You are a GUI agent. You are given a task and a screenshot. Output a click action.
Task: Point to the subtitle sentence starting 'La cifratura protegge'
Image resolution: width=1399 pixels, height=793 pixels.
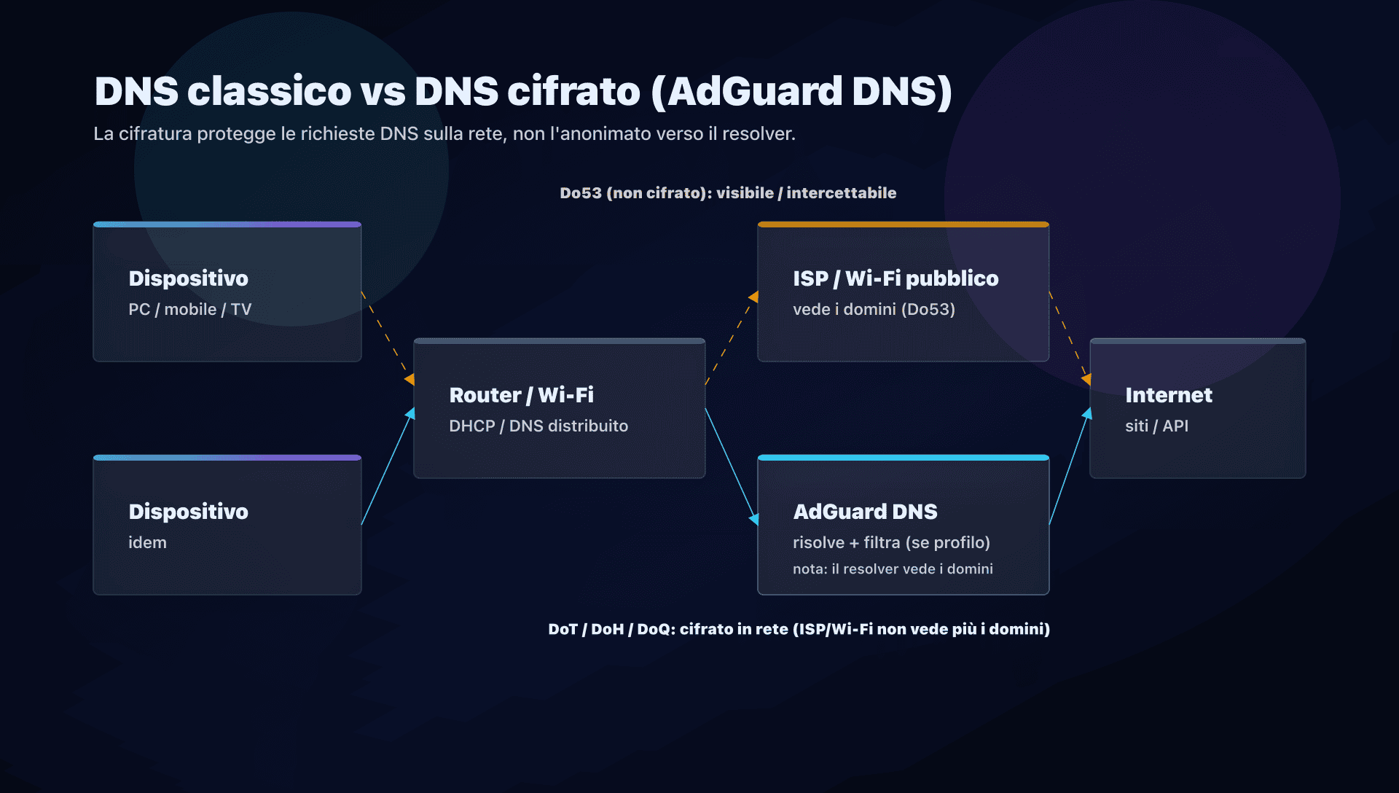click(444, 134)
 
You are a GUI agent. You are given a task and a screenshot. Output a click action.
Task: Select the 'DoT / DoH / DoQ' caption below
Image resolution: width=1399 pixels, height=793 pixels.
click(799, 629)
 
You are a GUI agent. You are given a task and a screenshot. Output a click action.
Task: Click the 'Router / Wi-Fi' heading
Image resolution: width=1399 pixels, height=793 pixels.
click(521, 395)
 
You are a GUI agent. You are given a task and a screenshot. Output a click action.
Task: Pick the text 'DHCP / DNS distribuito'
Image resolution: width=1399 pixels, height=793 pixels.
click(538, 426)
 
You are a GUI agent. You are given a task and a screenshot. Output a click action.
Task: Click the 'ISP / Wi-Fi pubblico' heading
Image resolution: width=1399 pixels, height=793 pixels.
click(895, 278)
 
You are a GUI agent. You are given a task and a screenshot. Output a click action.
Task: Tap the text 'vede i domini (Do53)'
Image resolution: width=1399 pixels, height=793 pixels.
click(873, 309)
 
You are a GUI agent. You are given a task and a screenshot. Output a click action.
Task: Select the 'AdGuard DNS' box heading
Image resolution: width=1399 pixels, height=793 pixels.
click(864, 512)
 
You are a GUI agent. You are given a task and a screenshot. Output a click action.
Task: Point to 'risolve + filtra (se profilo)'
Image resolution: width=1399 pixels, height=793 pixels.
click(890, 542)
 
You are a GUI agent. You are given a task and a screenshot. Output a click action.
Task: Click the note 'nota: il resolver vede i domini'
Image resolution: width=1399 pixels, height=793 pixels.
click(892, 569)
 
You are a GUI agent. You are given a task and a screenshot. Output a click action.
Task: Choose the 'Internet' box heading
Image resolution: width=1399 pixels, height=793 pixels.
click(1168, 395)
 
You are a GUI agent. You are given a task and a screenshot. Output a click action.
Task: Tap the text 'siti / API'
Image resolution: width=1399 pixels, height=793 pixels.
click(1156, 426)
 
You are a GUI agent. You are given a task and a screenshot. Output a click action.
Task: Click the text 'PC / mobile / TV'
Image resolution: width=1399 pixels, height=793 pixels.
click(189, 309)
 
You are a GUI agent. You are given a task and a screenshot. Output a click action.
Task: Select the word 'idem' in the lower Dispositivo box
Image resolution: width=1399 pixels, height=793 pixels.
click(147, 542)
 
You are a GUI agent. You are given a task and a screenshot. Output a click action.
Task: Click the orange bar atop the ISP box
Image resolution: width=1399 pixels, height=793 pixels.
click(903, 224)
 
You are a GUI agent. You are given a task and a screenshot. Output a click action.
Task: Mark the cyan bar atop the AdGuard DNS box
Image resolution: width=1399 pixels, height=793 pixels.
click(903, 458)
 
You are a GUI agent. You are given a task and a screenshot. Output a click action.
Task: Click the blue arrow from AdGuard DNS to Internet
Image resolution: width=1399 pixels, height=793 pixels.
click(1068, 466)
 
